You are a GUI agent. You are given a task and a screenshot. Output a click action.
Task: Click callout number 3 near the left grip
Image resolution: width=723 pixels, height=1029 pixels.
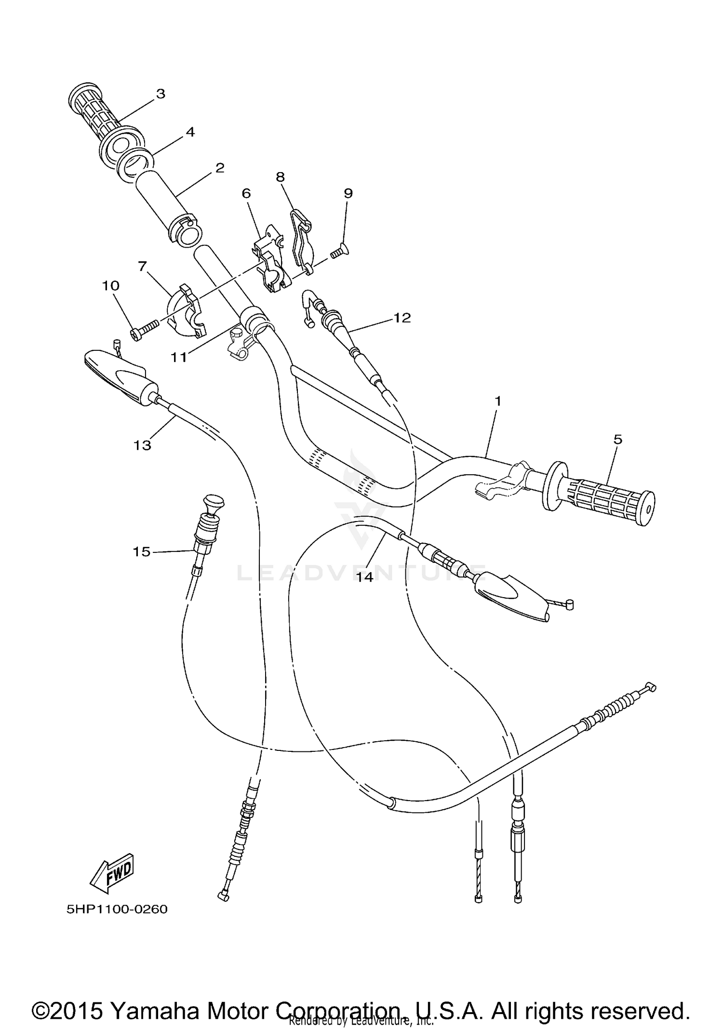pos(160,94)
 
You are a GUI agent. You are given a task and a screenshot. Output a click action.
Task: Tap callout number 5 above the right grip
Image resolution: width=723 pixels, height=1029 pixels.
pos(618,439)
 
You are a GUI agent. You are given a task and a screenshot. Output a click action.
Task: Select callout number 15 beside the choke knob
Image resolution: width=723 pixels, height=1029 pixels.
pos(142,551)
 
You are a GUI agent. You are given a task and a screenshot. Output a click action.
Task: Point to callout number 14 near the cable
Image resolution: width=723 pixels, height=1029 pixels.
pos(365,577)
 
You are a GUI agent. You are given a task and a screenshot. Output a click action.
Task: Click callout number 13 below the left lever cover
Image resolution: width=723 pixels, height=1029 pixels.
pos(142,445)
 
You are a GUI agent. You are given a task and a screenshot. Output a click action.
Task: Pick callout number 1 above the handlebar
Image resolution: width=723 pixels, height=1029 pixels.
pos(498,401)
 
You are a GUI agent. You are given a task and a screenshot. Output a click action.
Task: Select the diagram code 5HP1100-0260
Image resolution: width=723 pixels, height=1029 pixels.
pos(117,909)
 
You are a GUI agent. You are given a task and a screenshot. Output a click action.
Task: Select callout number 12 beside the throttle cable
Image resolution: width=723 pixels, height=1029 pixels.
pos(402,318)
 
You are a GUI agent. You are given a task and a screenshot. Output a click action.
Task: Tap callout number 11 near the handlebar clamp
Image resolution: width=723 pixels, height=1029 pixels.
pos(179,357)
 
